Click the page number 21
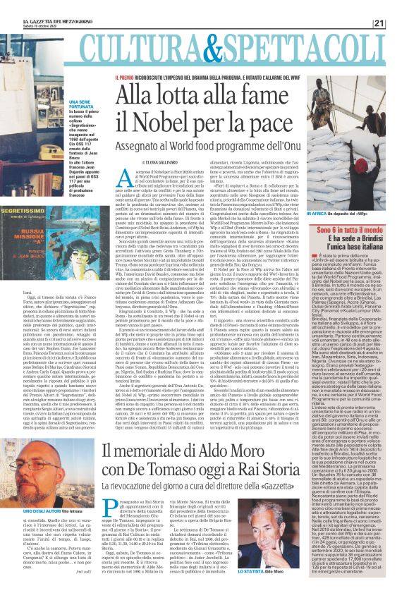coord(398,5)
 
